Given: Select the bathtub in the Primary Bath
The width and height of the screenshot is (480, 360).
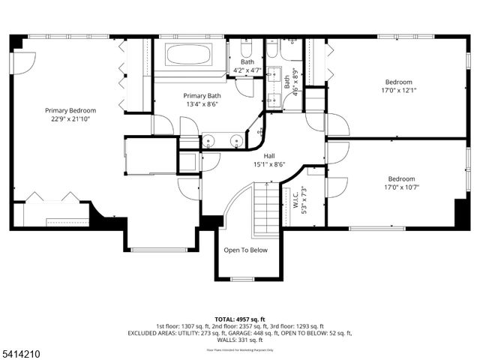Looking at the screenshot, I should [188, 54].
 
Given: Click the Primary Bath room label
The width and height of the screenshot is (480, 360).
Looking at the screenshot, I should [202, 96].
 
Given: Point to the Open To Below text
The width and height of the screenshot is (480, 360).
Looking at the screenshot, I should [245, 250].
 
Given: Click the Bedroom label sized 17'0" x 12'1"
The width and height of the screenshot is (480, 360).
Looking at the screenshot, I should [399, 82].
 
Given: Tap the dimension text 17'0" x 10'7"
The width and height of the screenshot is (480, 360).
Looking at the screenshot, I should [401, 187].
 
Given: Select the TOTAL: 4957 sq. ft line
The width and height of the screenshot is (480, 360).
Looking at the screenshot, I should [239, 319].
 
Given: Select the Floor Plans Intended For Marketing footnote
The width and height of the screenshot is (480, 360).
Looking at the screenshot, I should [239, 349].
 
